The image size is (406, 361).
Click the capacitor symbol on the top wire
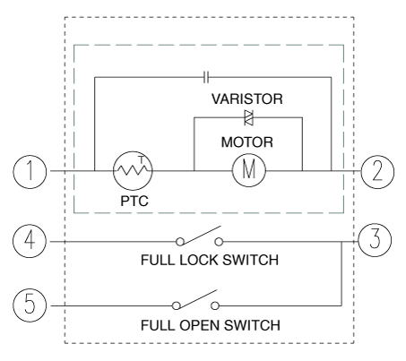click(206, 77)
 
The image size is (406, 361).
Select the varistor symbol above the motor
click(248, 117)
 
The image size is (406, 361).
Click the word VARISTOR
click(247, 99)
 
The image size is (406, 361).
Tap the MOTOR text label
click(247, 142)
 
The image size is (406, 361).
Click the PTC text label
click(134, 201)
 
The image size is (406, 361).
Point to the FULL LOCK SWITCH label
click(210, 260)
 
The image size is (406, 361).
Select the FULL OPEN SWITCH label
click(211, 325)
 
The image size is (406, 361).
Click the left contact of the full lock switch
click(180, 242)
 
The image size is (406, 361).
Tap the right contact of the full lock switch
click(219, 242)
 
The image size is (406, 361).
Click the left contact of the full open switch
click(177, 305)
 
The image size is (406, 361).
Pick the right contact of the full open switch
click(215, 305)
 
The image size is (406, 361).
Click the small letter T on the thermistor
click(142, 159)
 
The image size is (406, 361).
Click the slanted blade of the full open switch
click(198, 298)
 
